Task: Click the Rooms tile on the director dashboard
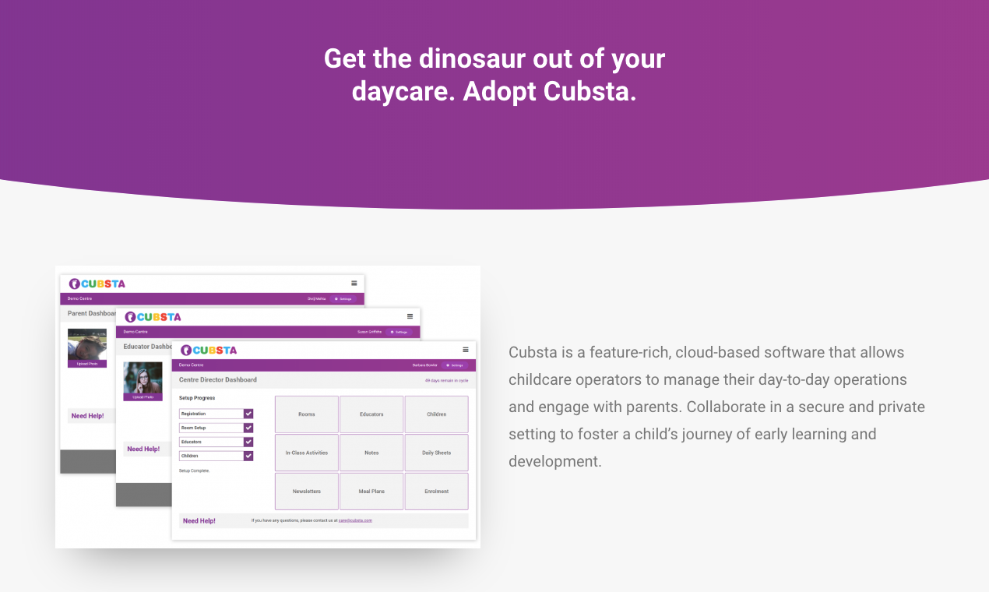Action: [x=306, y=414]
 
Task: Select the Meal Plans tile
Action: [x=371, y=492]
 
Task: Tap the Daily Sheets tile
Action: [x=436, y=453]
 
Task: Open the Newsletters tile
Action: [x=306, y=492]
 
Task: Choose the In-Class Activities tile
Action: [x=306, y=453]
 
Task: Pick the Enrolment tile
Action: [x=436, y=492]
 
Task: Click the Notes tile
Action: [x=371, y=453]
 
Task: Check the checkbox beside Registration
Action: [x=248, y=414]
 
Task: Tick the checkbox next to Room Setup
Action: [x=248, y=428]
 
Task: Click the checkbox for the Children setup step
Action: [x=248, y=456]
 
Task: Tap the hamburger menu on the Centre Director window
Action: [x=466, y=350]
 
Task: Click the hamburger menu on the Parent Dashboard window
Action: [x=354, y=283]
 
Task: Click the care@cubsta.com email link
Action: [x=355, y=520]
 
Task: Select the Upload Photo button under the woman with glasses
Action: [x=143, y=397]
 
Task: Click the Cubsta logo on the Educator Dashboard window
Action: [x=153, y=317]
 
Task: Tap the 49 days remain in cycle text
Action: [x=446, y=381]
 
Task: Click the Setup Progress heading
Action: [x=197, y=398]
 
